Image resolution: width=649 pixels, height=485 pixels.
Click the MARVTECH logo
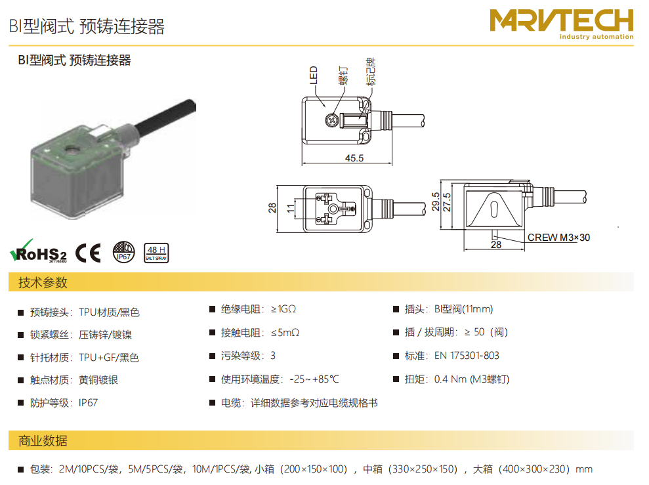coord(561,24)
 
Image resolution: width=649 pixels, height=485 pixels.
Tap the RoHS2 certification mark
coord(38,251)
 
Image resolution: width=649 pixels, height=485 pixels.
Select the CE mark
coord(88,253)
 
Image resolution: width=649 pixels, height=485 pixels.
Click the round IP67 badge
coord(124,252)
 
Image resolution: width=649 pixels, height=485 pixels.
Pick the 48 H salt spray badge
coord(156,253)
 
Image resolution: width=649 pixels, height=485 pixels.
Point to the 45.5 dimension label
coord(354,158)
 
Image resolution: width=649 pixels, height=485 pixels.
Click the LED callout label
coord(313,75)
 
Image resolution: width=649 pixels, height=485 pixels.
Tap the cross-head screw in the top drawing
coord(331,120)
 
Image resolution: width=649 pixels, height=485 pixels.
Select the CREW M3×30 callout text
coord(558,238)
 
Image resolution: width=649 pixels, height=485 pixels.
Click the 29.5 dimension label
coord(436,202)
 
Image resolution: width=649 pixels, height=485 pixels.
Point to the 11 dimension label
coord(291,208)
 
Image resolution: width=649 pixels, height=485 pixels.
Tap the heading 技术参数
coord(43,283)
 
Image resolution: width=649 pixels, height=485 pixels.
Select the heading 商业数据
coord(43,441)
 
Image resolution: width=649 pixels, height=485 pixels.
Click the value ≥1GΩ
coord(283,309)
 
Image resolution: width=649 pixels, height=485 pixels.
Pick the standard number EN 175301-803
coord(467,356)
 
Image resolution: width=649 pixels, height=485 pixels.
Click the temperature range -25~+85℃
coord(314,379)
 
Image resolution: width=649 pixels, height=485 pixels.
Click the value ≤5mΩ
coord(285,333)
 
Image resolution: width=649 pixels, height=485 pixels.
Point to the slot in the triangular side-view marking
coord(494,209)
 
